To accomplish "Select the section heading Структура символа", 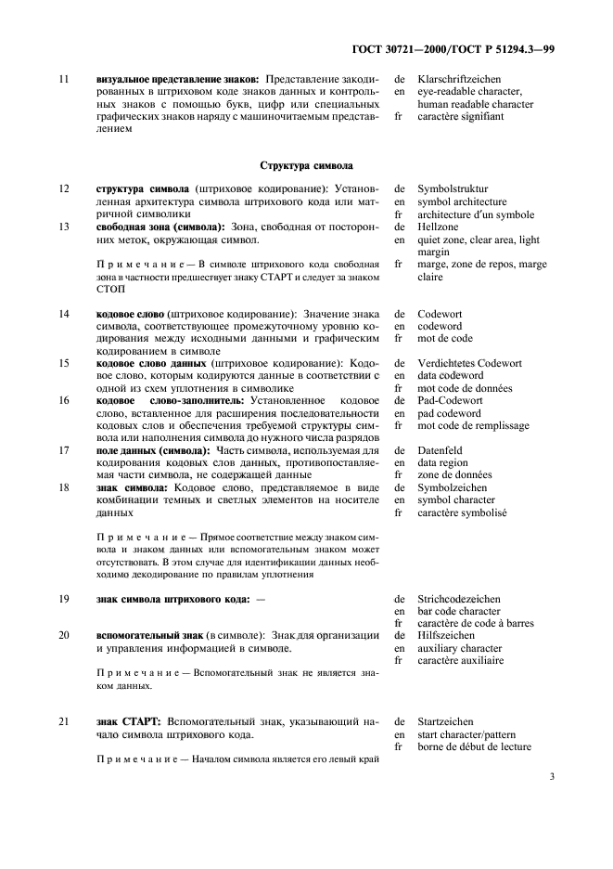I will pyautogui.click(x=306, y=165).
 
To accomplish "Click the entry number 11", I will pyautogui.click(x=64, y=80).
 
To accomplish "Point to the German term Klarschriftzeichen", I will pyautogui.click(x=457, y=80).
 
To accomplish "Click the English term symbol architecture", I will pyautogui.click(x=462, y=201).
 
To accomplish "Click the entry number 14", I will pyautogui.click(x=64, y=315).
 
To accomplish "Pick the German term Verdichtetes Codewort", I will pyautogui.click(x=469, y=363).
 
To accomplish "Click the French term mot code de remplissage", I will pyautogui.click(x=473, y=425).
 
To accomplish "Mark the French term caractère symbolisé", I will pyautogui.click(x=462, y=512).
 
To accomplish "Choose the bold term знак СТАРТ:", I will pyautogui.click(x=130, y=721).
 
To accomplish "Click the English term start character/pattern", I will pyautogui.click(x=468, y=733).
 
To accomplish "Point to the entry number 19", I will pyautogui.click(x=64, y=600).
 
